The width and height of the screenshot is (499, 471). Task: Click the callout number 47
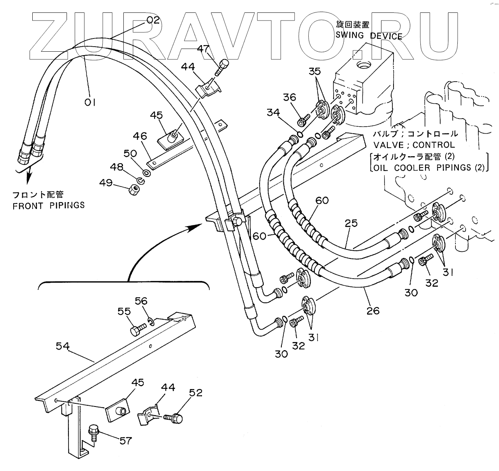tap(203, 49)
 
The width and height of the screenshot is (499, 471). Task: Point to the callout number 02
tap(153, 20)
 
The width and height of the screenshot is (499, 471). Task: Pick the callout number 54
tap(63, 345)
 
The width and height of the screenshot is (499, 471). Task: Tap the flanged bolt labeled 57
tap(94, 432)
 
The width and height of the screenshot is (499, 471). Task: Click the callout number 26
tap(372, 310)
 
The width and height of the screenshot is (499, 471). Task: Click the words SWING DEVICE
tap(369, 36)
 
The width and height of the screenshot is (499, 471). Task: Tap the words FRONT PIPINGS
tap(49, 205)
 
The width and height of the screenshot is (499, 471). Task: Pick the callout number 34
tap(273, 113)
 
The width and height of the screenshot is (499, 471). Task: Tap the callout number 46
tap(140, 136)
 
